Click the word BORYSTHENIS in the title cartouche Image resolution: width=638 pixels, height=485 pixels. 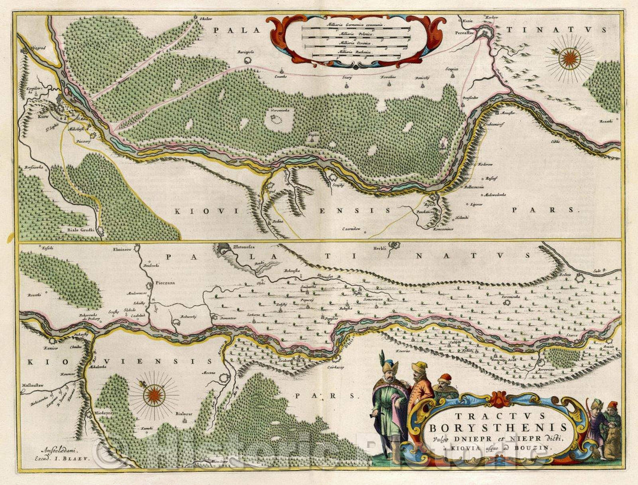point(490,426)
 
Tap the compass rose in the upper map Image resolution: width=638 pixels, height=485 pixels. point(569,57)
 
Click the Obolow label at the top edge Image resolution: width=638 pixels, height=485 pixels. point(206,19)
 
